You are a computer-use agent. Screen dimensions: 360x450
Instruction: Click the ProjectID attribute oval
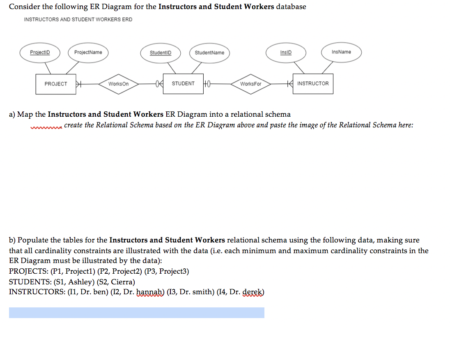pyautogui.click(x=40, y=53)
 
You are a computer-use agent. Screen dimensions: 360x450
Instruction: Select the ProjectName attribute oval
pyautogui.click(x=88, y=53)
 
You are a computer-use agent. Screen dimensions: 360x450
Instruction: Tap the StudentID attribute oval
pyautogui.click(x=161, y=53)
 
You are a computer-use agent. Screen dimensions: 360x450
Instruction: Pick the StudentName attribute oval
pyautogui.click(x=209, y=53)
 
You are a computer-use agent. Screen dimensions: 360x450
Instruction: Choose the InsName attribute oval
pyautogui.click(x=341, y=52)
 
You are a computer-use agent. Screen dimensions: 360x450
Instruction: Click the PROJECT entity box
pyautogui.click(x=56, y=84)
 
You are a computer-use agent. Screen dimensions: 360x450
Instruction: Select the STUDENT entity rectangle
pyautogui.click(x=183, y=84)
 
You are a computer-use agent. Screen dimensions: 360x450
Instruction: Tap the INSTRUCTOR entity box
pyautogui.click(x=313, y=84)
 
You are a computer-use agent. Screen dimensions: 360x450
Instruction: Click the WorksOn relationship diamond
pyautogui.click(x=118, y=84)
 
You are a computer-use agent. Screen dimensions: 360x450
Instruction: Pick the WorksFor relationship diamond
pyautogui.click(x=250, y=84)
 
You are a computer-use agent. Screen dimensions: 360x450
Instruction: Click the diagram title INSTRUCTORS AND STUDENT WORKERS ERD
pyautogui.click(x=78, y=19)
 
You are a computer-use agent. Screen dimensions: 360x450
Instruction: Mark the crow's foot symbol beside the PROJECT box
pyautogui.click(x=80, y=84)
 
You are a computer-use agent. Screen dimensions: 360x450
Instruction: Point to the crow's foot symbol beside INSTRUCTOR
pyautogui.click(x=290, y=84)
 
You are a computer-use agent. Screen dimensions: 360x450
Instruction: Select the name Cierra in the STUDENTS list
pyautogui.click(x=122, y=282)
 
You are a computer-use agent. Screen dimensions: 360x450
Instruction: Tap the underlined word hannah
pyautogui.click(x=150, y=293)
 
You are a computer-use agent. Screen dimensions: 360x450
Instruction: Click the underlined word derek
pyautogui.click(x=253, y=293)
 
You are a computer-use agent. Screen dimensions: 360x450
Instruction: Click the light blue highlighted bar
pyautogui.click(x=137, y=313)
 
